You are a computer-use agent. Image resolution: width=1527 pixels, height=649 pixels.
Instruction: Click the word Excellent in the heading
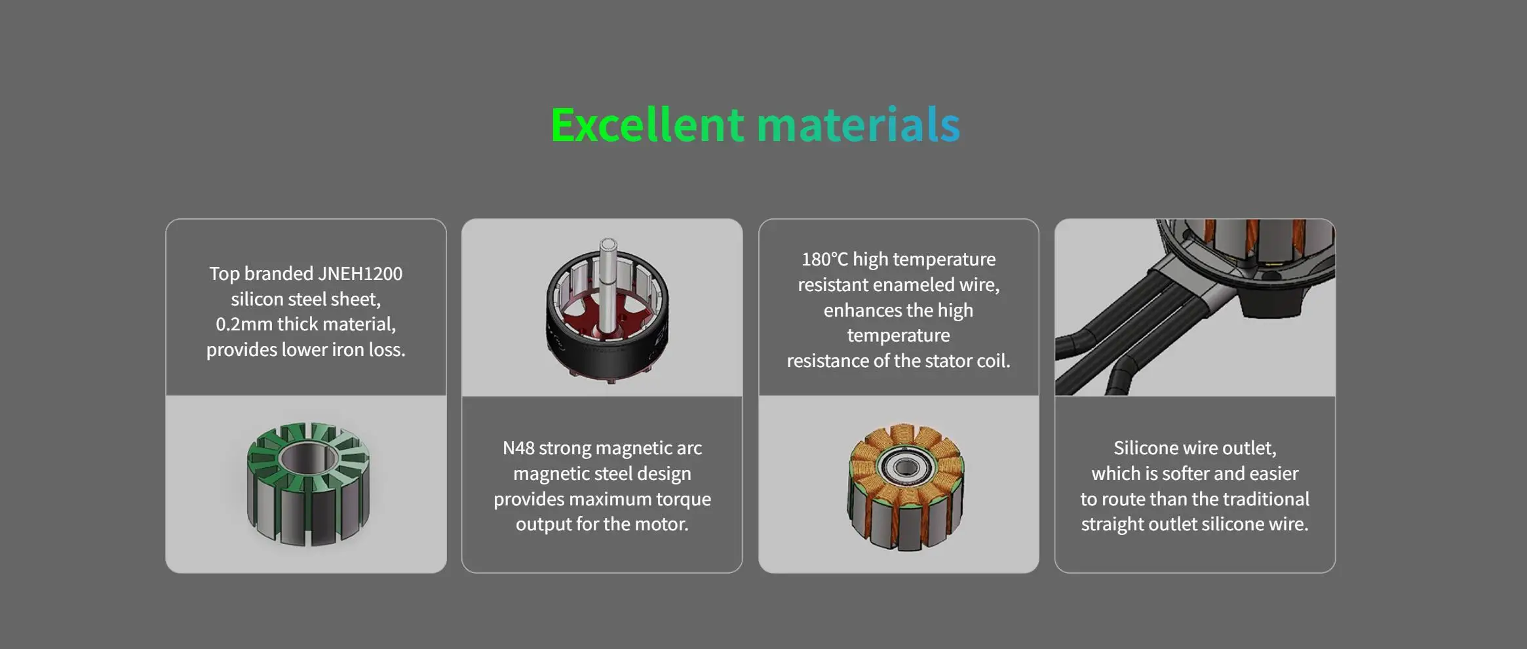[x=648, y=125]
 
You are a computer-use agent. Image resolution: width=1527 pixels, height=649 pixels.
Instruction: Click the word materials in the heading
[x=859, y=125]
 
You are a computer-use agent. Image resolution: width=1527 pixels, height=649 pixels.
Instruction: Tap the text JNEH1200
[x=360, y=273]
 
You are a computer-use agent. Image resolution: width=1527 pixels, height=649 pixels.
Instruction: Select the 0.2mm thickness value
[x=241, y=324]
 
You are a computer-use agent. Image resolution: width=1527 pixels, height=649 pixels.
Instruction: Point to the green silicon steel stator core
[x=308, y=484]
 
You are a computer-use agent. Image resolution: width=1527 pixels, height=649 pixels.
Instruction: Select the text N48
[x=518, y=448]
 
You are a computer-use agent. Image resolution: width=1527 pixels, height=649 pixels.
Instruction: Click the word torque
[x=684, y=499]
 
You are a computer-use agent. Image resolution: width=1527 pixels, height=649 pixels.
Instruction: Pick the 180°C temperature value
[x=825, y=259]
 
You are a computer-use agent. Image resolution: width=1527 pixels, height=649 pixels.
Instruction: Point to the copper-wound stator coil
[x=906, y=486]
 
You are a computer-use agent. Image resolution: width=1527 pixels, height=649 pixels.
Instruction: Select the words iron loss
[x=368, y=349]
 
